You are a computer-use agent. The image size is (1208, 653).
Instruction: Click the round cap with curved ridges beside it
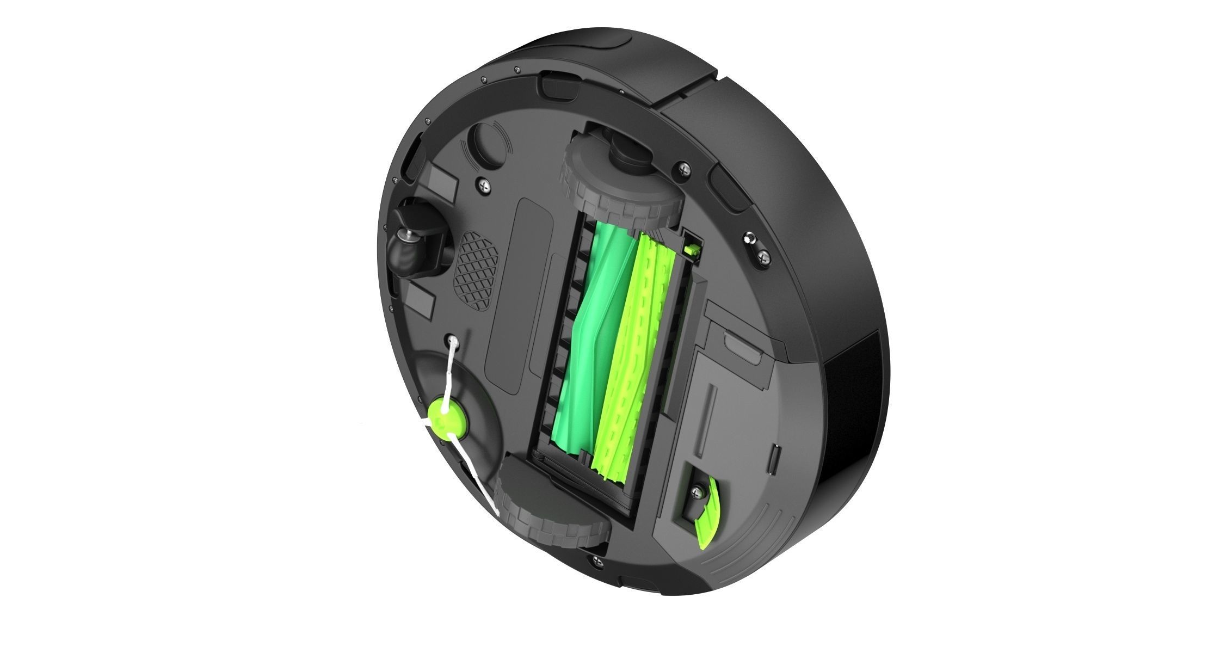pyautogui.click(x=485, y=143)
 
